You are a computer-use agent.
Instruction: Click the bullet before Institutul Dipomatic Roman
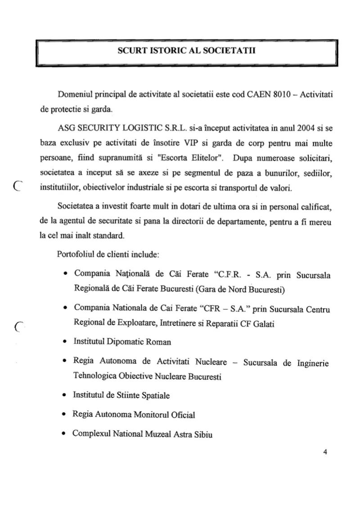(x=66, y=341)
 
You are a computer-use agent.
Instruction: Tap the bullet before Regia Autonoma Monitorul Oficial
(x=66, y=414)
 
